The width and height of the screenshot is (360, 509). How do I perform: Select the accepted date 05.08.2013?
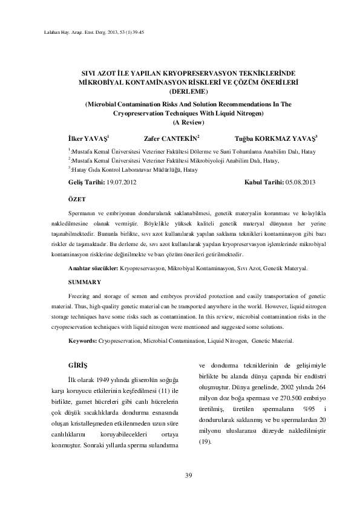tap(303, 182)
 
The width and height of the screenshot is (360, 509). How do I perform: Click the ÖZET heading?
tap(77, 198)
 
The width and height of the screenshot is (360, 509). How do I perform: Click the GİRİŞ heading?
tap(78, 366)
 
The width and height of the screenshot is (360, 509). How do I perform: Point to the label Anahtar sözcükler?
tap(94, 267)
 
